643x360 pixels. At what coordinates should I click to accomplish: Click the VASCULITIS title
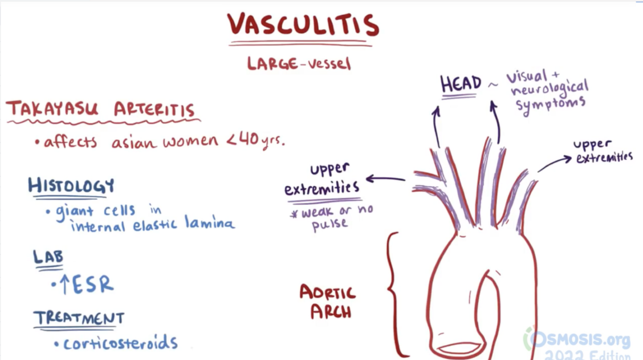[302, 25]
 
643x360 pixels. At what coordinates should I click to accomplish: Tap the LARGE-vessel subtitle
[299, 63]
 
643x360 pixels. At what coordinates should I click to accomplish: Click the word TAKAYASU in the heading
[52, 110]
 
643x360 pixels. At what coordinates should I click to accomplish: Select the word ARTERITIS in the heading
[155, 110]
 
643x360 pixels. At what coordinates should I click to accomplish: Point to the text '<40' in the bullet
[240, 141]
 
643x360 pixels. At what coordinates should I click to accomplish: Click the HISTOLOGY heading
[71, 186]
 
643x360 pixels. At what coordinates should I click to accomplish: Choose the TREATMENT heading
[79, 318]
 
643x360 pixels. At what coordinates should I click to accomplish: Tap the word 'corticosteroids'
[121, 343]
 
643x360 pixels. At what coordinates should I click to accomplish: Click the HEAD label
[461, 84]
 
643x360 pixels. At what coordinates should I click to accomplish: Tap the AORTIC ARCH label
[327, 302]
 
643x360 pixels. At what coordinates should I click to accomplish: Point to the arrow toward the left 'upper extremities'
[386, 179]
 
